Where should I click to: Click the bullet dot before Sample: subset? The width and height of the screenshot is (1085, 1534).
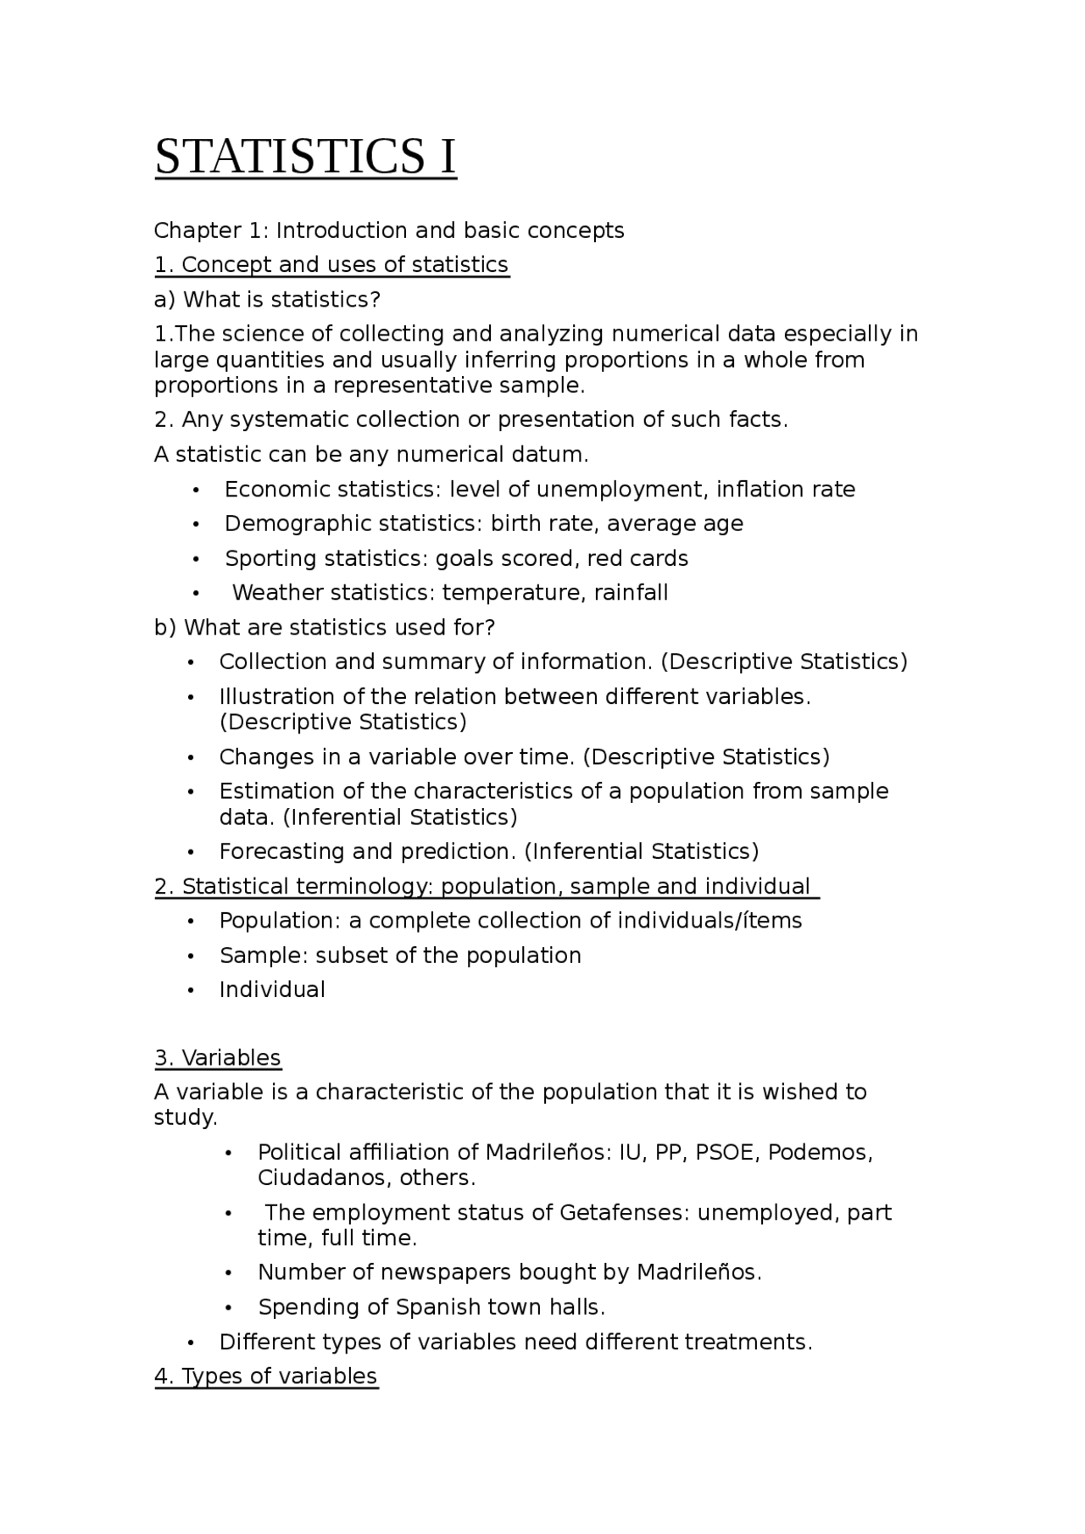pos(192,956)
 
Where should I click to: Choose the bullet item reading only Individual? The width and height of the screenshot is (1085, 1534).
pos(272,989)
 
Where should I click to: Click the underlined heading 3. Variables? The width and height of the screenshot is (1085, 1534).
pos(218,1058)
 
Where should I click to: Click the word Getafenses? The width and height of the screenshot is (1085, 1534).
pos(625,1212)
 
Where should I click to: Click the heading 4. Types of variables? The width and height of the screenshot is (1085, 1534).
pos(266,1376)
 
